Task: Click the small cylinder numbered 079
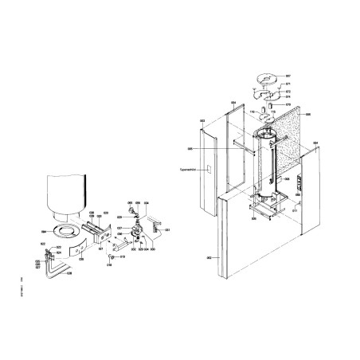click(270, 104)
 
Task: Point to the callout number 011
click(294, 210)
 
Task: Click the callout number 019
click(123, 257)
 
